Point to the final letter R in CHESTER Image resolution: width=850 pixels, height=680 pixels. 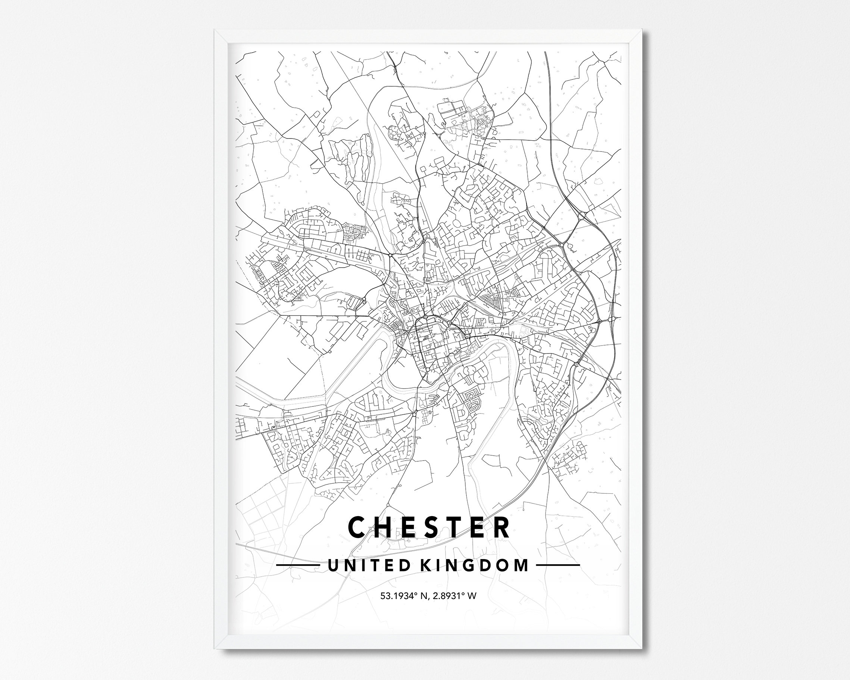500,527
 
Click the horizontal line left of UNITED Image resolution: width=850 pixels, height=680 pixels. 298,565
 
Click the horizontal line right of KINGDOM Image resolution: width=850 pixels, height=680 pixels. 558,565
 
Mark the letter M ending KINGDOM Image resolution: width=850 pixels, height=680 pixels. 521,565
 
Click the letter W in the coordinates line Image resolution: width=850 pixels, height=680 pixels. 472,596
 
